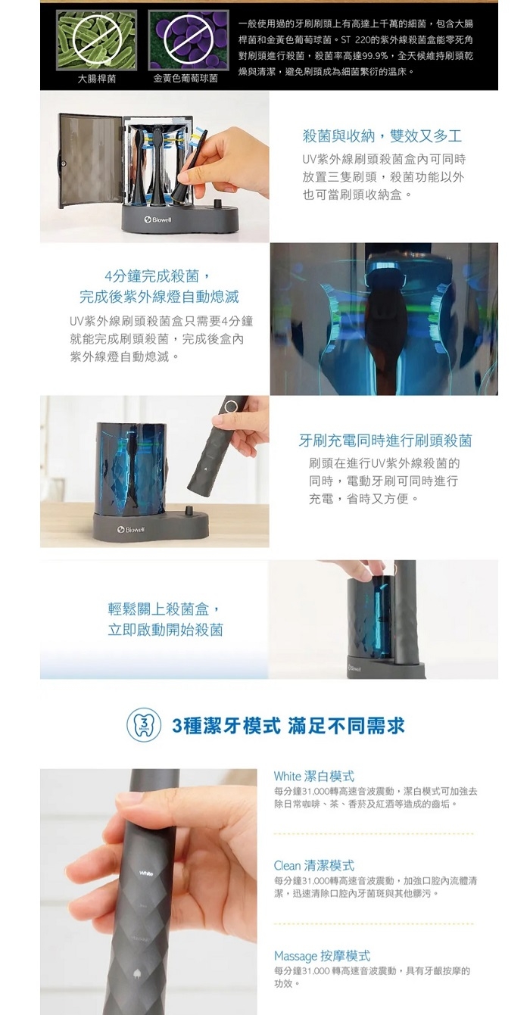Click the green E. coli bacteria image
(97, 40)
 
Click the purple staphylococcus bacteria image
(189, 40)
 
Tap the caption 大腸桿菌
(97, 79)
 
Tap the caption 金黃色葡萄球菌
(185, 79)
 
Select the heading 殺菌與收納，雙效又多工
(382, 135)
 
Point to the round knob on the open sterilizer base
(219, 201)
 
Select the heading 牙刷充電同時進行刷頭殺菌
(385, 440)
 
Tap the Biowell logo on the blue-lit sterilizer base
(130, 530)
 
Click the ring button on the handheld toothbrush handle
(231, 405)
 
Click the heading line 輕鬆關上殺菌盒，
(165, 609)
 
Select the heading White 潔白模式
(313, 777)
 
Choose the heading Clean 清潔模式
(313, 865)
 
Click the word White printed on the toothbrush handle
(146, 873)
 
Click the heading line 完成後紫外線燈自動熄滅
(159, 297)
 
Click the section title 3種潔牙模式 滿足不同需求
(288, 725)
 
